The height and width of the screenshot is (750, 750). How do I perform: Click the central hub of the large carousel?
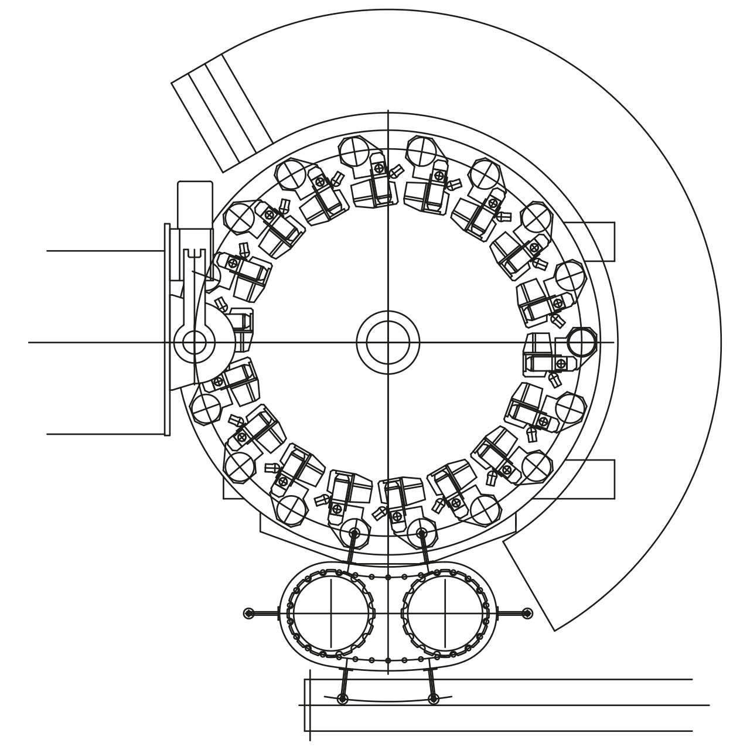coord(388,342)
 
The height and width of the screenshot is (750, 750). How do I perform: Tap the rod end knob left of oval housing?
coord(249,613)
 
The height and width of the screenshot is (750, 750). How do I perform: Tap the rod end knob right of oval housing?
coord(527,613)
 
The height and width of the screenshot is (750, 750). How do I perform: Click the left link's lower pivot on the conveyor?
coord(343,699)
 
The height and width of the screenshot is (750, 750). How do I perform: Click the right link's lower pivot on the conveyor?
coord(433,699)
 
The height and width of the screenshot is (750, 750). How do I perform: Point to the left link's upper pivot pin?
coord(354,533)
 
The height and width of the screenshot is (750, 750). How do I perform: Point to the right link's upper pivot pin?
coord(421,533)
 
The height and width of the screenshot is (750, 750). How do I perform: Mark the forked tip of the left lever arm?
coord(193,255)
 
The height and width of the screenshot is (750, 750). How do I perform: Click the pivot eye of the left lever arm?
coord(193,342)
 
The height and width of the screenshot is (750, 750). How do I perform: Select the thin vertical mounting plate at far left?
coord(167,329)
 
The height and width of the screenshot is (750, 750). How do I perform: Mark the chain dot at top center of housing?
coord(388,577)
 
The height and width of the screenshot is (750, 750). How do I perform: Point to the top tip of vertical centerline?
coord(388,111)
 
